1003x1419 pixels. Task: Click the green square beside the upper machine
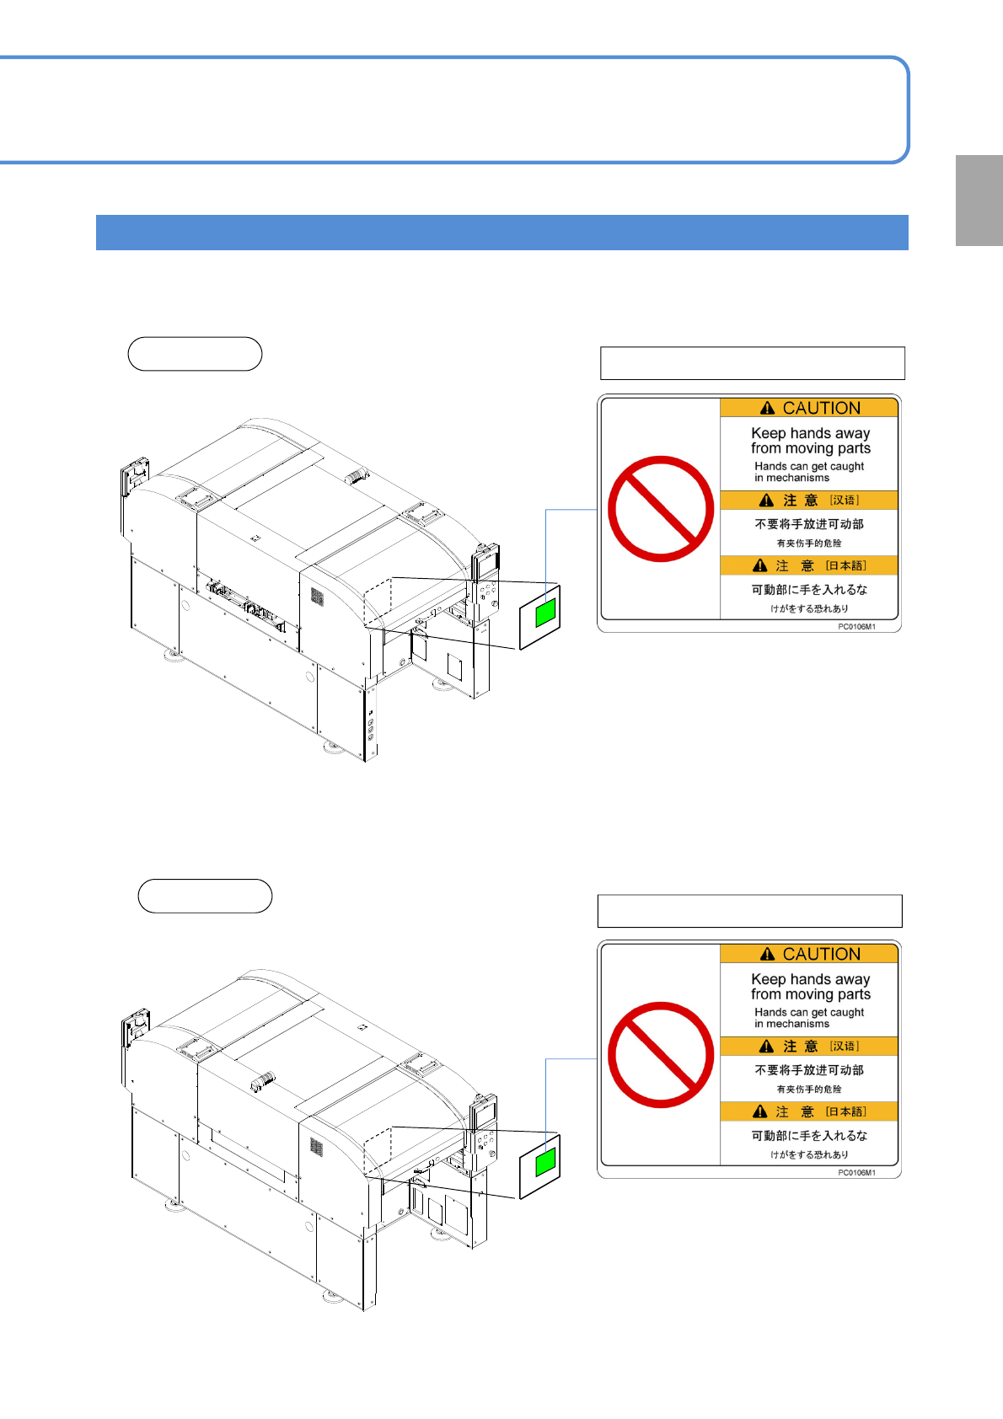click(x=545, y=613)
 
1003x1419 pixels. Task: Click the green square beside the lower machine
click(x=545, y=1162)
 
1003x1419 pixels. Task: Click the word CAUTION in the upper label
click(x=821, y=408)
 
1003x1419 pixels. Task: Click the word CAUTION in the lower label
click(x=821, y=954)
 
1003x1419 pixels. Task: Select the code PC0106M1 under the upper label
click(x=856, y=627)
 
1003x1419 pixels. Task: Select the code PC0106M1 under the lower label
click(x=856, y=1173)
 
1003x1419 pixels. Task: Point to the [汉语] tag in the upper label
click(x=845, y=501)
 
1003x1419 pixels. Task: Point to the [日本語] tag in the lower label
click(x=845, y=1111)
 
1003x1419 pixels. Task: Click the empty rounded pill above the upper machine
click(x=196, y=353)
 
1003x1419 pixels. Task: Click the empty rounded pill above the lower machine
click(x=206, y=896)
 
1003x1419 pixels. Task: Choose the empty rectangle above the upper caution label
click(x=753, y=363)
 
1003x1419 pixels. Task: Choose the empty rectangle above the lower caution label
click(x=750, y=911)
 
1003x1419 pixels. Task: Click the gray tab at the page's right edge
click(x=979, y=201)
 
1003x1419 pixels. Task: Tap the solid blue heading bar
click(x=501, y=233)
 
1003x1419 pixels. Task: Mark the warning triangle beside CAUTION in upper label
click(x=767, y=408)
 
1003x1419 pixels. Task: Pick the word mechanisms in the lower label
click(x=797, y=1024)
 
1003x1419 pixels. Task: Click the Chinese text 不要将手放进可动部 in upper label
click(x=809, y=524)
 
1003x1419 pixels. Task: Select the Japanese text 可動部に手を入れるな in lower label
click(x=809, y=1136)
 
